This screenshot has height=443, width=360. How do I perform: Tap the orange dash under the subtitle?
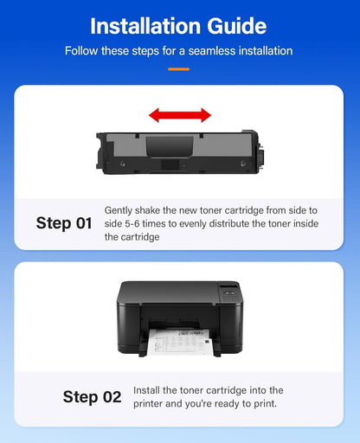point(179,67)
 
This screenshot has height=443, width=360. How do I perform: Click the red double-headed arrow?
point(179,115)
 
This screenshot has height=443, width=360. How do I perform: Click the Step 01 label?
point(63,223)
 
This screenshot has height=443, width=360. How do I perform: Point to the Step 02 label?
point(92,397)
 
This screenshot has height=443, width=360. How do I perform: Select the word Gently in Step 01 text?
point(119,210)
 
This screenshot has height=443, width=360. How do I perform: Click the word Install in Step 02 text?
point(147,390)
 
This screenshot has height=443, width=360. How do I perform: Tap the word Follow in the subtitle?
point(81,51)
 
